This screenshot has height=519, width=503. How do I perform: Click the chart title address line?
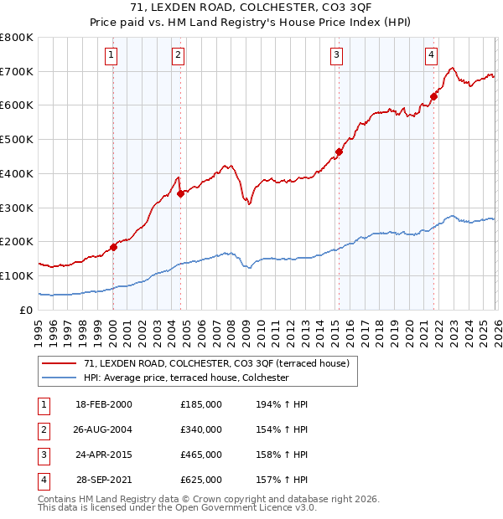tap(251, 9)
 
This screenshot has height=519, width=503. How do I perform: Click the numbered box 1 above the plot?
tap(111, 56)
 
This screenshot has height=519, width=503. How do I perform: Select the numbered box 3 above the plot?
tap(336, 56)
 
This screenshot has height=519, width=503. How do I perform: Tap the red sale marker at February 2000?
tap(113, 247)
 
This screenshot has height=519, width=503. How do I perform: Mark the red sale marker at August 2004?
tap(180, 193)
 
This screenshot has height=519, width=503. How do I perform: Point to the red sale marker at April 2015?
tap(339, 152)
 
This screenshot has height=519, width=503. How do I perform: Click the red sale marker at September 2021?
tap(434, 96)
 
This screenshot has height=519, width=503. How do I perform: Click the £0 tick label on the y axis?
tap(26, 310)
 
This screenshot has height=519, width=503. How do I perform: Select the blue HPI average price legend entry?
tap(186, 378)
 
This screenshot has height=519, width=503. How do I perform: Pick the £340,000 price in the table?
tap(200, 429)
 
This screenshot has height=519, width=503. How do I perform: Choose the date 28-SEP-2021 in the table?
tap(104, 480)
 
